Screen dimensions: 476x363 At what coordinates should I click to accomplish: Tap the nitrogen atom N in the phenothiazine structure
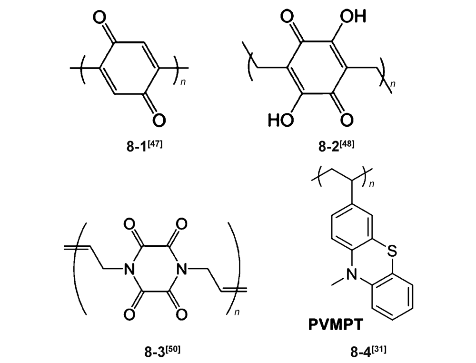[352, 275]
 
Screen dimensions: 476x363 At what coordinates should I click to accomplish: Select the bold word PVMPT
[336, 324]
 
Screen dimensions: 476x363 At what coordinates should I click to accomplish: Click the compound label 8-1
[137, 146]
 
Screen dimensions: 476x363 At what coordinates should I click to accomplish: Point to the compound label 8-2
[329, 146]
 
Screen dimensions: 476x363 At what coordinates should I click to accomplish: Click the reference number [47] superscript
[155, 143]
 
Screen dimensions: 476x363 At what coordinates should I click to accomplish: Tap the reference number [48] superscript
[347, 143]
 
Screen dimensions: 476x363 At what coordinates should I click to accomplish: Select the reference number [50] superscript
[173, 349]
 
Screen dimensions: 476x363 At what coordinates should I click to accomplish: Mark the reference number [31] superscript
[379, 349]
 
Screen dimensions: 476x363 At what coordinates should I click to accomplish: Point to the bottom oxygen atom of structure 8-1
[159, 120]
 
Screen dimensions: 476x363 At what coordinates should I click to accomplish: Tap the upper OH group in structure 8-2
[353, 16]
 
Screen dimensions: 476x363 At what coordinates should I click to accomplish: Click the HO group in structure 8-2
[281, 120]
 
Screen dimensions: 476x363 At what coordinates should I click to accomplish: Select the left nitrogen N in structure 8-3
[129, 269]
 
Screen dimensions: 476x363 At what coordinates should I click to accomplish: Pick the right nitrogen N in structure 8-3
[181, 269]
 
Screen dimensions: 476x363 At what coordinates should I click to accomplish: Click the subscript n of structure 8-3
[237, 313]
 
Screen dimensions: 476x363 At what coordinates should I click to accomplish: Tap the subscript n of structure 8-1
[183, 82]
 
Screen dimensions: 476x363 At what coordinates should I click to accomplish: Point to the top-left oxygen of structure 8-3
[129, 224]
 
